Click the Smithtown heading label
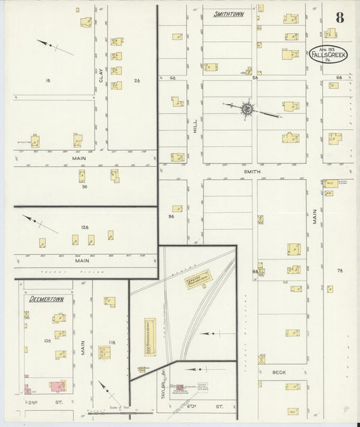(228, 14)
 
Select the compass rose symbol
(247, 108)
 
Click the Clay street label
(101, 80)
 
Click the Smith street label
(251, 172)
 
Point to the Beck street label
(279, 372)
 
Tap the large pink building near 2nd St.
(57, 387)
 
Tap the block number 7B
(340, 270)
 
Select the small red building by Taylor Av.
(180, 388)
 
